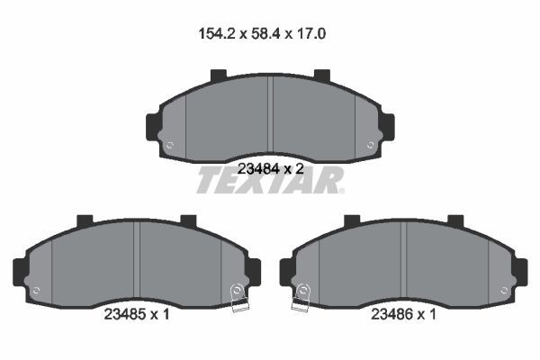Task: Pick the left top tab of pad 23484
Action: click(219, 76)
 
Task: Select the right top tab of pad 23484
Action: click(321, 76)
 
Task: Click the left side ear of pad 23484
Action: click(152, 126)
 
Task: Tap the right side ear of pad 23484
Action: click(388, 126)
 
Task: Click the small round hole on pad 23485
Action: click(36, 290)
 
